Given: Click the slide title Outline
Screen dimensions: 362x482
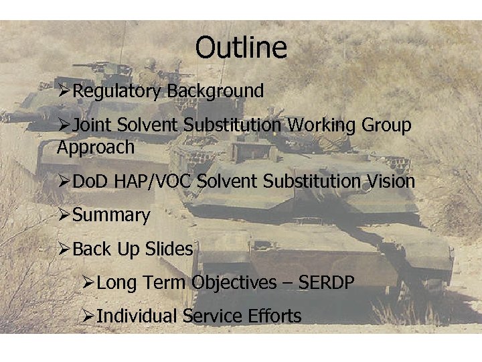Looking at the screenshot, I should click(x=241, y=48).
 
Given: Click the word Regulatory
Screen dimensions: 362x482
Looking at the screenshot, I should click(x=117, y=91).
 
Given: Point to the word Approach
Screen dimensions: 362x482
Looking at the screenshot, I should click(x=96, y=147).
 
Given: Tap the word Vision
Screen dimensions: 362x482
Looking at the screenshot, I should click(x=390, y=181).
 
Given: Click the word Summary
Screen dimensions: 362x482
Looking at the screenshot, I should click(x=111, y=216).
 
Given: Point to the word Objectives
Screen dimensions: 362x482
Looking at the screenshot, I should click(x=234, y=283).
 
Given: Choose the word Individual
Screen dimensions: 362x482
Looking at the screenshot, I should click(x=137, y=316).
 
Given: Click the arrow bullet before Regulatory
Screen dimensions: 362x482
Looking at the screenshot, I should click(x=64, y=91).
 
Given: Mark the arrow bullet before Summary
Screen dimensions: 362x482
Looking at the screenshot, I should click(x=64, y=216).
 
